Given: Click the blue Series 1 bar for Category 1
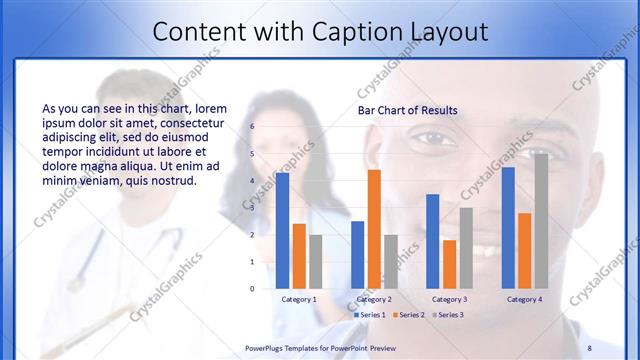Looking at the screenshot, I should tap(282, 231).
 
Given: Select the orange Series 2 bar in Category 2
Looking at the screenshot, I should tap(374, 229).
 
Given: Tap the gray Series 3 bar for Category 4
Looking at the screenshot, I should tap(541, 221).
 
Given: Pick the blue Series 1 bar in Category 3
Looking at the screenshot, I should tap(433, 241).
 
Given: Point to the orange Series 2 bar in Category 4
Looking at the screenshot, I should tap(524, 250).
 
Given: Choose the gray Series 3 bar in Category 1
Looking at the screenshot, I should tap(316, 261).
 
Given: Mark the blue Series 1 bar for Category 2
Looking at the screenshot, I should tap(357, 254).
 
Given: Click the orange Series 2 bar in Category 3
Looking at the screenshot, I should tap(450, 264).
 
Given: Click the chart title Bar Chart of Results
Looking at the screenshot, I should tap(408, 110).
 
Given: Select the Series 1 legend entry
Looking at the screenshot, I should tap(369, 314).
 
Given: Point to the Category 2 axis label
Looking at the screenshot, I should tap(374, 299).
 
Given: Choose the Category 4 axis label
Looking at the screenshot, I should tap(524, 299).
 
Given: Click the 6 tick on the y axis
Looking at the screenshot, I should tap(253, 127).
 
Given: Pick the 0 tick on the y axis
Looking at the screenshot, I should tap(253, 288).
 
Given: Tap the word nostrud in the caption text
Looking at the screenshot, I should tap(173, 182).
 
